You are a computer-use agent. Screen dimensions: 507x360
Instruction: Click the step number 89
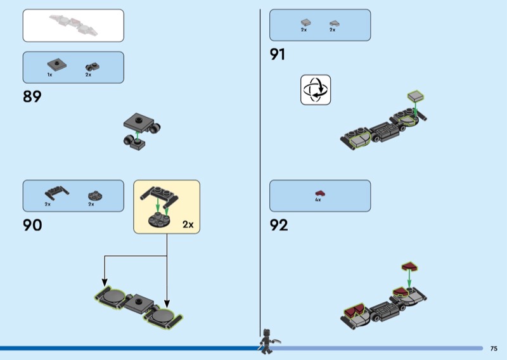32,96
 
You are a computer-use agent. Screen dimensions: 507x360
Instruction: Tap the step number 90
32,225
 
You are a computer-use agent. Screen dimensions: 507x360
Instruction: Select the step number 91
278,55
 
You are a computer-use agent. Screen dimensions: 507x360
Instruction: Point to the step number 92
279,225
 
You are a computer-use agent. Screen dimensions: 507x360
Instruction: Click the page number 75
494,349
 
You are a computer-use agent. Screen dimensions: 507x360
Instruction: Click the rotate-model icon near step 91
316,90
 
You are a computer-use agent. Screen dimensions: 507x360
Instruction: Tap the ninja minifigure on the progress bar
268,342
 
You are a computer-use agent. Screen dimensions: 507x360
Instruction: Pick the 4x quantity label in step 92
318,200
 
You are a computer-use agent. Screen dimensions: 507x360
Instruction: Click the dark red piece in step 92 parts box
320,193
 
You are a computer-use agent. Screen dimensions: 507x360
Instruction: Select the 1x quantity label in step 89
49,75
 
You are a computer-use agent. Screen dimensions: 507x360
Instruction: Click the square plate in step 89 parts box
57,65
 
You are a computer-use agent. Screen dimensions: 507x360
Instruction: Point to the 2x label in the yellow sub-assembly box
188,224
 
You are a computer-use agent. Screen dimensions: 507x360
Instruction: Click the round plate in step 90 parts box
95,195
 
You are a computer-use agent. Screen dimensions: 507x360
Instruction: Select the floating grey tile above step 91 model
416,96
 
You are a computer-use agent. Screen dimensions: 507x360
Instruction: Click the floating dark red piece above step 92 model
409,267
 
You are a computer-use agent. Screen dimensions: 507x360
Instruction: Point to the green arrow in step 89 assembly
137,136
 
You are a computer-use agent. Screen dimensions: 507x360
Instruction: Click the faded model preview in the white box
74,25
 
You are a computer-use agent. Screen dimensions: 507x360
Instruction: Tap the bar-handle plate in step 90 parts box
56,193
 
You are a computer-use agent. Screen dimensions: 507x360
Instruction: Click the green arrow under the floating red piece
409,279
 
